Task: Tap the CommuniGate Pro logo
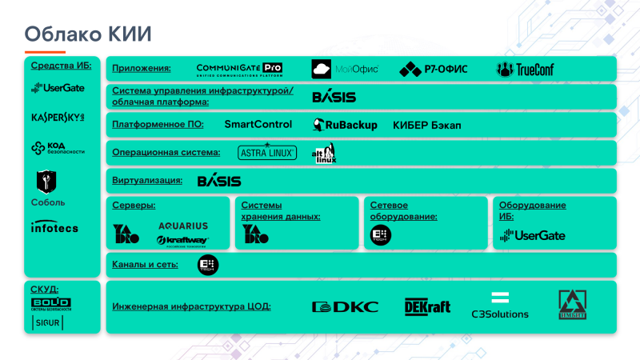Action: pos(239,69)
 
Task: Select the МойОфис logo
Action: pos(345,69)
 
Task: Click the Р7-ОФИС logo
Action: pos(434,69)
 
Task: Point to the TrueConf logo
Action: pos(525,69)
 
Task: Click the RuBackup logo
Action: pos(346,125)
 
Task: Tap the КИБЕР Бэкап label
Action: pos(427,126)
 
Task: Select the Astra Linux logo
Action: pos(267,152)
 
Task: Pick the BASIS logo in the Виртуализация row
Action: pos(219,181)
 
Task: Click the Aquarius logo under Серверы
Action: pos(183,226)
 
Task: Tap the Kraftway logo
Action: pos(182,240)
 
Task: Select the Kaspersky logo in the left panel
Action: pos(58,118)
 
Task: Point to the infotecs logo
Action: pos(54,228)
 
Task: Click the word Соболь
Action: pos(48,202)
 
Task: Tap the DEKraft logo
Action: pos(427,306)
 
